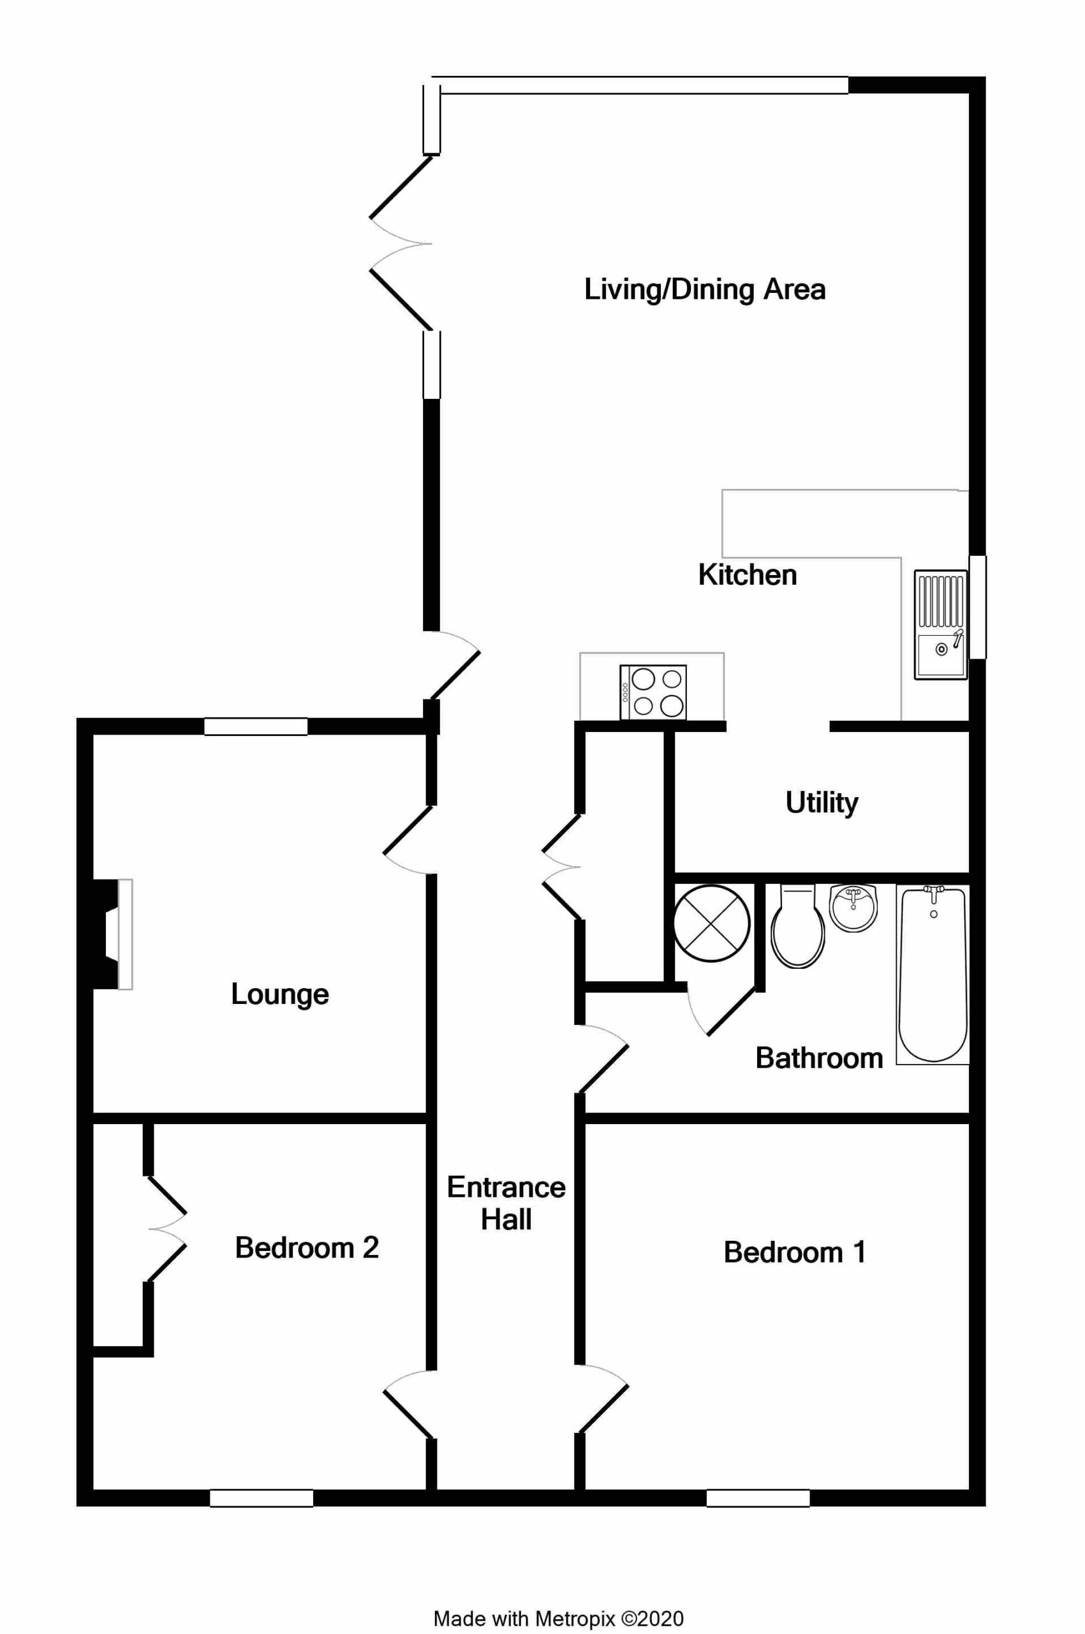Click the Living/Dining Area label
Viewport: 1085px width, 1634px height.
(704, 289)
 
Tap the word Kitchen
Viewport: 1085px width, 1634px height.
(748, 575)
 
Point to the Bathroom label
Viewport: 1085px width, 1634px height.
(819, 1058)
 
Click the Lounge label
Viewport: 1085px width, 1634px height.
(279, 995)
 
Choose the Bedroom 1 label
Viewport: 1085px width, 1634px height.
(794, 1252)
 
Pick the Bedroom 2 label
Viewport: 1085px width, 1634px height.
(307, 1248)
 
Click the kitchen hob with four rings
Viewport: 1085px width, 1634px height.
(653, 692)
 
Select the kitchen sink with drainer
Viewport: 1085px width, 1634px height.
(940, 624)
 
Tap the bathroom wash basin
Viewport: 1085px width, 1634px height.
(853, 908)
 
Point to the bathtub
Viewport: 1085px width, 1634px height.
(932, 974)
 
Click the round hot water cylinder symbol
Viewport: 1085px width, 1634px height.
(711, 924)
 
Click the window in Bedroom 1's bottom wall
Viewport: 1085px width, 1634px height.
(758, 1497)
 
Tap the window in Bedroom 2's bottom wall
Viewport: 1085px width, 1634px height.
(261, 1497)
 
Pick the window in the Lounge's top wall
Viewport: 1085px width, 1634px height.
(255, 726)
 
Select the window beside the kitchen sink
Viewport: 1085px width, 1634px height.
(977, 606)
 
